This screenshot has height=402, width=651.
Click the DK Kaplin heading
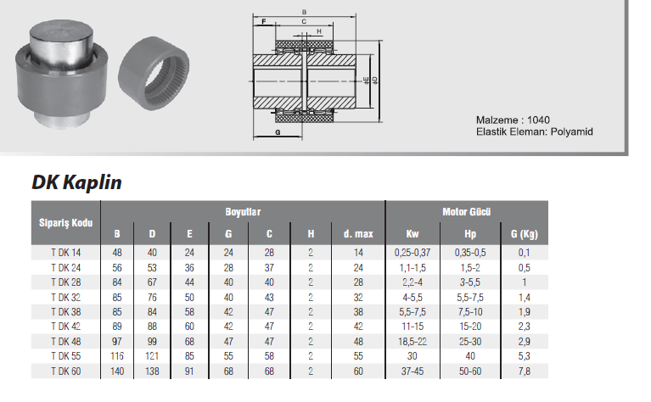point(76,182)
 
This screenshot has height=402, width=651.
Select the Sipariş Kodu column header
point(65,223)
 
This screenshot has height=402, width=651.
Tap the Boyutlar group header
point(243,212)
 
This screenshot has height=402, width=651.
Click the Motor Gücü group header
point(466,212)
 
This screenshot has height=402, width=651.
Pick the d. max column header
point(358,234)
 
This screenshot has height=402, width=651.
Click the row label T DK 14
point(66,253)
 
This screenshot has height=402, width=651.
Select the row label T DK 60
point(66,371)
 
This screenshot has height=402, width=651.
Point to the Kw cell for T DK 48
point(412,342)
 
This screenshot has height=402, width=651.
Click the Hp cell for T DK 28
point(470,282)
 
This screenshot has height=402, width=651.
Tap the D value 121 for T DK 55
point(152,356)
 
